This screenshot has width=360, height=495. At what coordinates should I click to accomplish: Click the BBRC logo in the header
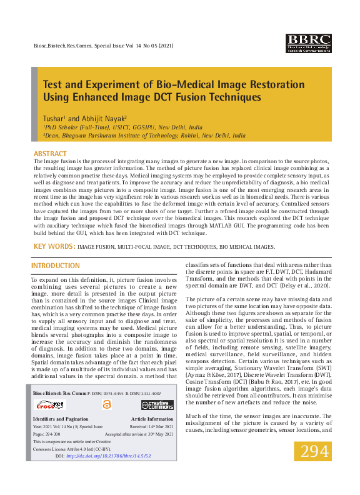[308, 43]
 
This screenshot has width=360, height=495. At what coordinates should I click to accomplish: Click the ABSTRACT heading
[49, 154]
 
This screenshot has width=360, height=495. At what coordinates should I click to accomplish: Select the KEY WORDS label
[54, 247]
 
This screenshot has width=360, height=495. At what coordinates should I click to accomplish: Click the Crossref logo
[48, 405]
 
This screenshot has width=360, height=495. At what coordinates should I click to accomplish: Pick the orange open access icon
[106, 405]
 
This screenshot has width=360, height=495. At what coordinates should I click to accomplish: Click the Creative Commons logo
[157, 405]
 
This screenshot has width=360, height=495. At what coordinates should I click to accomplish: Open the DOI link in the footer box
[109, 457]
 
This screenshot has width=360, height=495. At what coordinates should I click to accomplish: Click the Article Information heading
[152, 419]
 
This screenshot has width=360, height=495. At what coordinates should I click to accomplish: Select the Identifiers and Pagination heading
[61, 419]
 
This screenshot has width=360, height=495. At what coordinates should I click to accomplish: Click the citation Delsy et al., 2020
[301, 285]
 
